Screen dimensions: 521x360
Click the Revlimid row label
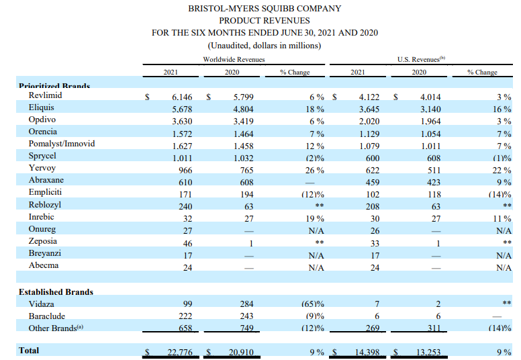45,95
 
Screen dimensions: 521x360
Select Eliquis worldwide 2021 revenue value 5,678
182,109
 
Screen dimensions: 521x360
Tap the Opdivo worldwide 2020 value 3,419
243,122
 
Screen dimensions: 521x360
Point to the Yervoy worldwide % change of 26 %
315,170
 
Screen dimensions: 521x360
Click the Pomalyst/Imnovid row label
62,144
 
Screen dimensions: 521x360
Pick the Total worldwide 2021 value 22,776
180,353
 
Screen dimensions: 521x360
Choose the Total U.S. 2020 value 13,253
428,353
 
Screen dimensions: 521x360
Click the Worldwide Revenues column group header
234,60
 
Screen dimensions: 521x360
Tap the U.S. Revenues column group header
422,59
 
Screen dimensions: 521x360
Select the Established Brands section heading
56,292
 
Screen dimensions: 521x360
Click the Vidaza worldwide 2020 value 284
246,304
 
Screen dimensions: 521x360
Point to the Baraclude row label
47,316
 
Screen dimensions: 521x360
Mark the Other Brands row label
56,328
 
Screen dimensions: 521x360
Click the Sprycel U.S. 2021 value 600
373,159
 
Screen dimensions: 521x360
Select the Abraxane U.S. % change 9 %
504,182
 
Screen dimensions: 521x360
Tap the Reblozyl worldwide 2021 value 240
185,206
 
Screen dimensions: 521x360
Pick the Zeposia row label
43,241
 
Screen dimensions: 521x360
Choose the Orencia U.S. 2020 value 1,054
430,134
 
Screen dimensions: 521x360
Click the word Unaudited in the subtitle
228,46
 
